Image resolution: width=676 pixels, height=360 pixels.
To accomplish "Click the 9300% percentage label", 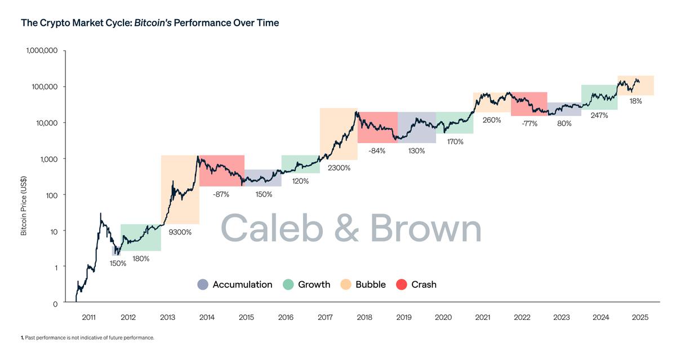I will (180, 232).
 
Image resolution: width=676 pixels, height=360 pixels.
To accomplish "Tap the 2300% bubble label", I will (339, 168).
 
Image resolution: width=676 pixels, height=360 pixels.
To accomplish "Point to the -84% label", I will (377, 151).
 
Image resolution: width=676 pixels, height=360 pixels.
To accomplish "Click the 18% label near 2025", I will (635, 101).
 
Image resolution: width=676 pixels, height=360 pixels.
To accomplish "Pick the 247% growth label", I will (599, 115).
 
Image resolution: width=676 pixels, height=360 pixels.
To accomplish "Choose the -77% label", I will (529, 123).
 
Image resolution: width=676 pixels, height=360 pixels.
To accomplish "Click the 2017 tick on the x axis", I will (325, 317).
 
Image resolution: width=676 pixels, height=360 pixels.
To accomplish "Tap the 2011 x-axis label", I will (89, 317).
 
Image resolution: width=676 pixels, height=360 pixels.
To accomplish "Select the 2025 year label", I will (640, 317).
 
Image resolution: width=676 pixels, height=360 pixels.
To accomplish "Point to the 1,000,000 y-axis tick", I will (41, 51).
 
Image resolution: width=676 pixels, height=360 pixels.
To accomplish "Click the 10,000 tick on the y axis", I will (45, 123).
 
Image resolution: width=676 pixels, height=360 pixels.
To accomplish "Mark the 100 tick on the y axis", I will (51, 195).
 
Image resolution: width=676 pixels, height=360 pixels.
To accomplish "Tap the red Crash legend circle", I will (402, 285).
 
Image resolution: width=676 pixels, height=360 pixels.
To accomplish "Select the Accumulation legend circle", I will (203, 285).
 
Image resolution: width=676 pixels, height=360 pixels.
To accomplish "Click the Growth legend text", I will (314, 285).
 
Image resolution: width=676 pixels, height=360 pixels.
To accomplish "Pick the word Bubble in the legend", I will (370, 285).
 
